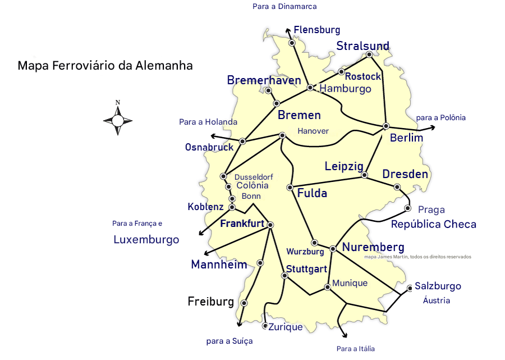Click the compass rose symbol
(x=118, y=120)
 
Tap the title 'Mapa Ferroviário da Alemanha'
(x=105, y=66)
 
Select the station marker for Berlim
(x=386, y=126)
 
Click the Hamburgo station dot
(x=310, y=88)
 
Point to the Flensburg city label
(x=317, y=30)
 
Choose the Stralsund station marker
(x=369, y=54)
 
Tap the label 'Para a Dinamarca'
(x=284, y=6)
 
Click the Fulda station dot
(x=290, y=187)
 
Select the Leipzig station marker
(x=364, y=175)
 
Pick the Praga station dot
(x=408, y=209)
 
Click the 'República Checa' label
(x=433, y=224)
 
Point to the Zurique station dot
(x=265, y=326)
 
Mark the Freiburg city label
(x=210, y=302)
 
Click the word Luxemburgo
(x=146, y=239)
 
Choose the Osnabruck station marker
(x=242, y=141)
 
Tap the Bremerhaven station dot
(x=268, y=90)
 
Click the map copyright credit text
(x=417, y=257)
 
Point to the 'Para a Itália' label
(x=356, y=349)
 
